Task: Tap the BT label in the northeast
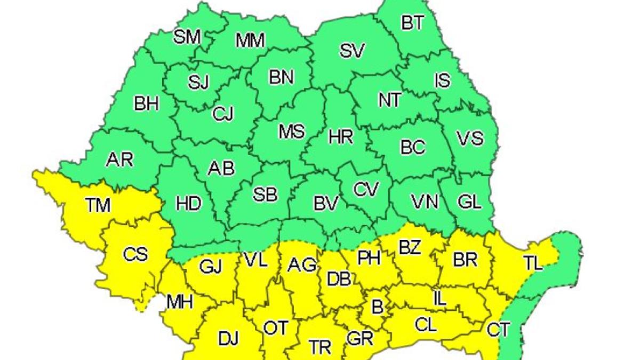tap(413, 22)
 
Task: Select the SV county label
tap(352, 51)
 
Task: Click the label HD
tap(189, 204)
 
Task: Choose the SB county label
tap(265, 195)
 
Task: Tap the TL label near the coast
tap(533, 262)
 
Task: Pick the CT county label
tap(499, 330)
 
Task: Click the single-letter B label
tap(377, 307)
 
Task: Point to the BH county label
tap(146, 104)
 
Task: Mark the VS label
tap(470, 139)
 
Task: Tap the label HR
tap(341, 138)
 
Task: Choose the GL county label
tap(469, 202)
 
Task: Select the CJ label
tap(222, 114)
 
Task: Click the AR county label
tap(119, 159)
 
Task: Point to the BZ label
tap(410, 248)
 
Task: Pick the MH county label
tap(180, 302)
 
